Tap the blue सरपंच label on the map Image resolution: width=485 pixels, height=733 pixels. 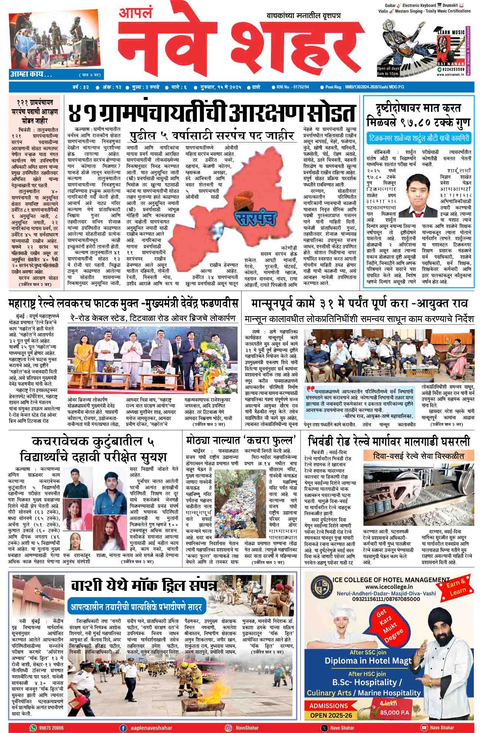255,218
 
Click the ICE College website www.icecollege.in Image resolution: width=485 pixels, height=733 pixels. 388,587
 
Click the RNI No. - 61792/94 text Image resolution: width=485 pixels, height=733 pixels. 292,87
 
